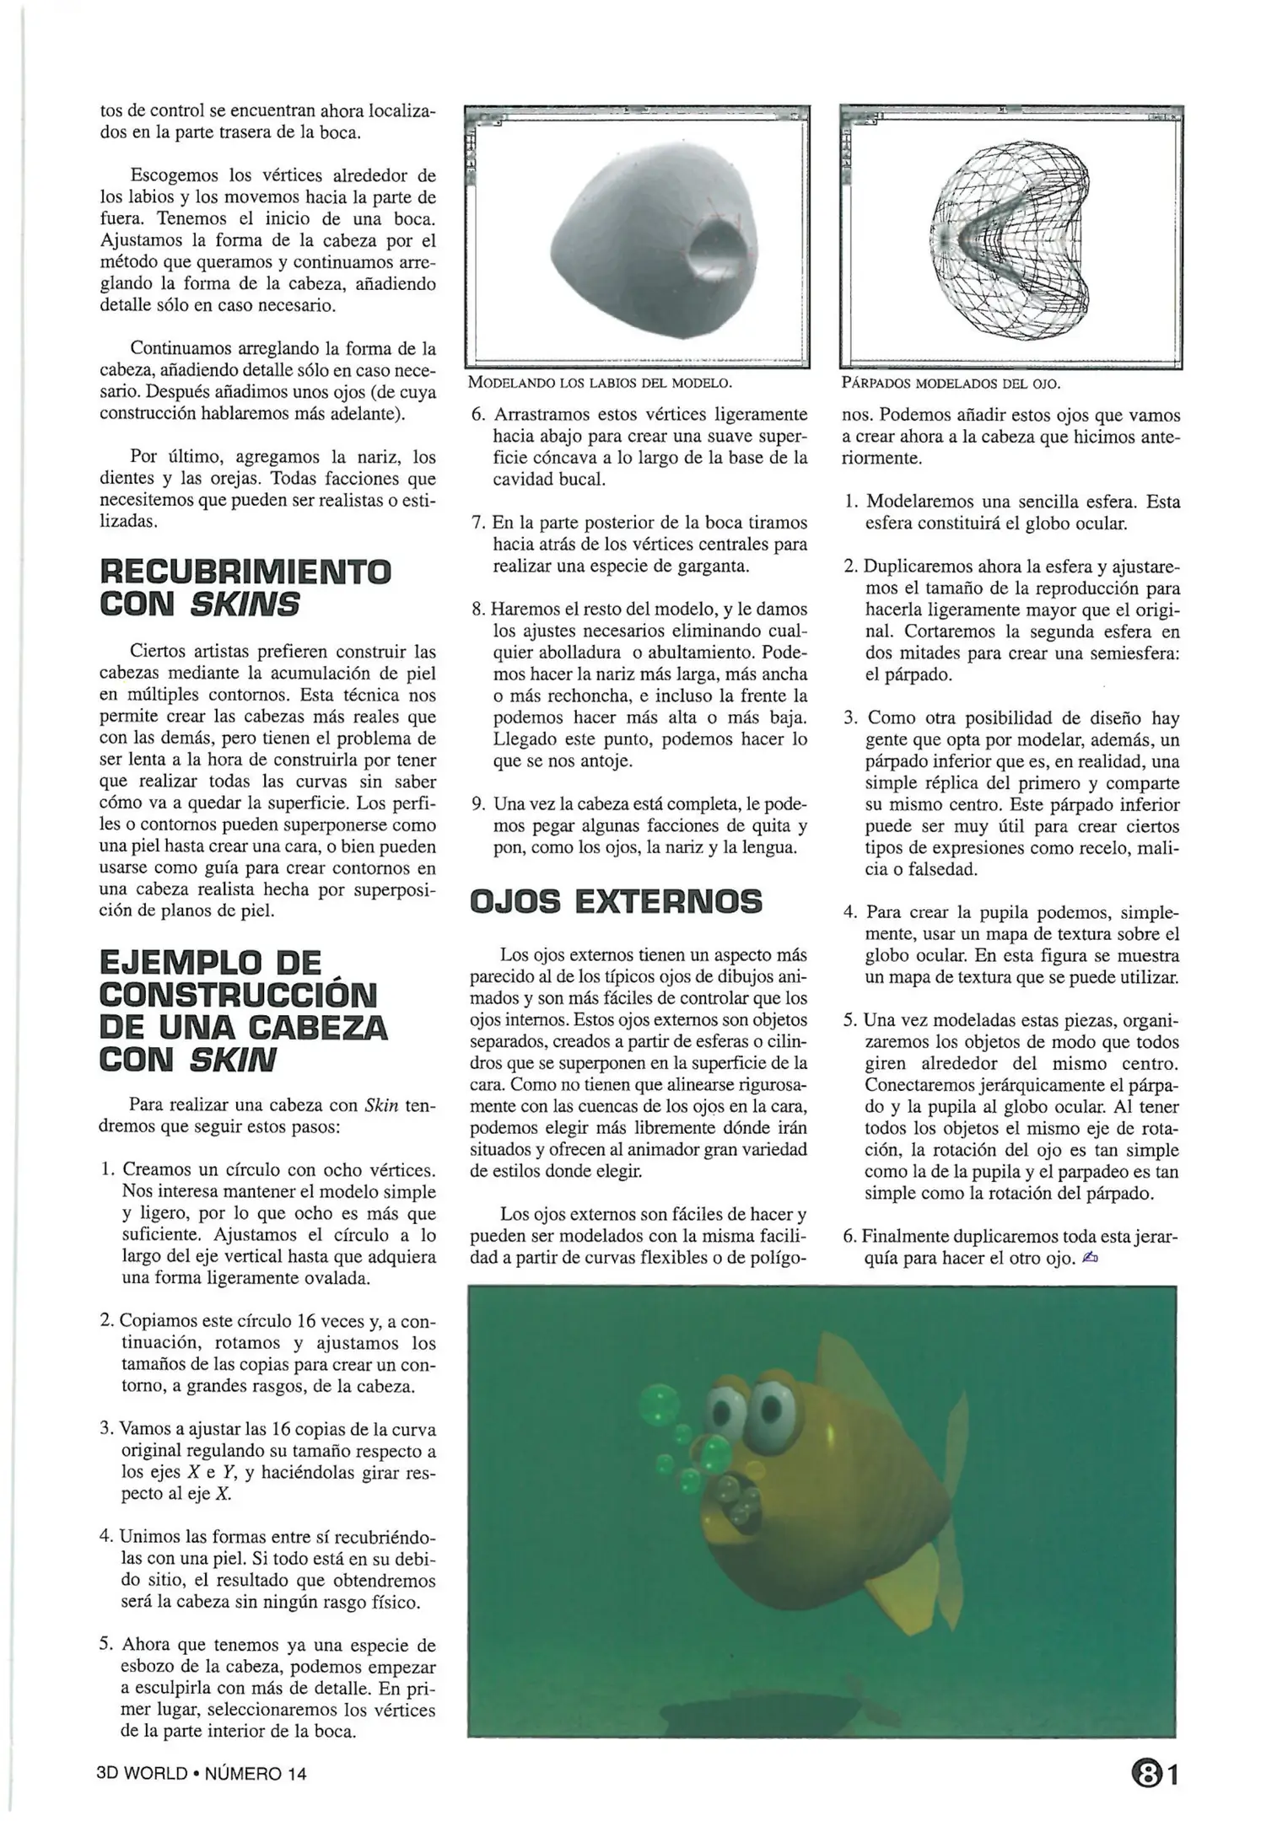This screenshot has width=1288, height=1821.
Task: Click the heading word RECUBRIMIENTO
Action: click(x=245, y=572)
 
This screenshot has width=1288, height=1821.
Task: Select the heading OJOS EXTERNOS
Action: click(x=615, y=902)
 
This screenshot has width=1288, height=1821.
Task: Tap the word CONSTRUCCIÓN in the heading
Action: click(x=237, y=996)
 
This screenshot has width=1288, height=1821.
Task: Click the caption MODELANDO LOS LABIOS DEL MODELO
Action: click(x=599, y=384)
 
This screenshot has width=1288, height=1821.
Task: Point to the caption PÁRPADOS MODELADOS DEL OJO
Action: click(x=951, y=384)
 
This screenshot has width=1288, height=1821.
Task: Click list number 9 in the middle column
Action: click(x=478, y=803)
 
